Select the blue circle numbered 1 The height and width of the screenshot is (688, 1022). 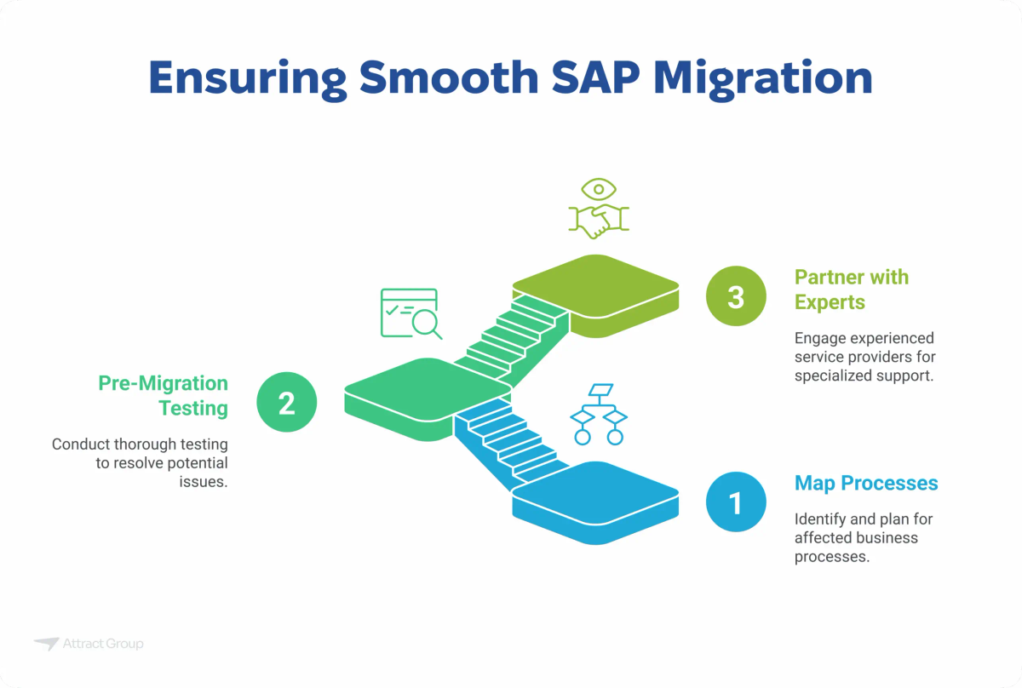(x=736, y=502)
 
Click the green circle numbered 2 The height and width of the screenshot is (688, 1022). (x=287, y=401)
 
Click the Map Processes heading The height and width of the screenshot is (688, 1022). (x=865, y=484)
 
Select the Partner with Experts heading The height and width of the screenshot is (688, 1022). (x=851, y=290)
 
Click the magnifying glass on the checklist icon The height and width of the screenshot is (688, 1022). (x=424, y=322)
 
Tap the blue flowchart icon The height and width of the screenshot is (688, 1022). (x=598, y=414)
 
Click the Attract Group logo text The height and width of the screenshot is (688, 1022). (x=102, y=645)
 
